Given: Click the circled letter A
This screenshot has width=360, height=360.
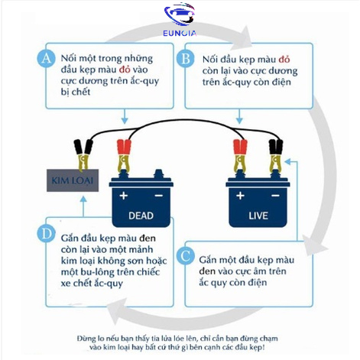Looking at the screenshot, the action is pyautogui.click(x=46, y=58).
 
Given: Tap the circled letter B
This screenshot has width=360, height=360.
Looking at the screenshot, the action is pyautogui.click(x=186, y=59).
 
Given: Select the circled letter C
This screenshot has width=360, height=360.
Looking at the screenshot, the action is pyautogui.click(x=186, y=255).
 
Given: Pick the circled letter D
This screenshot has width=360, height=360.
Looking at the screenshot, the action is pyautogui.click(x=46, y=233).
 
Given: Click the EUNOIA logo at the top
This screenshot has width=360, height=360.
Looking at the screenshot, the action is pyautogui.click(x=180, y=20).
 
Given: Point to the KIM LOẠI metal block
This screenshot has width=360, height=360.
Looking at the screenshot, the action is pyautogui.click(x=73, y=180).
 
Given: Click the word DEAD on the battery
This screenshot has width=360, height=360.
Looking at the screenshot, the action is pyautogui.click(x=141, y=216).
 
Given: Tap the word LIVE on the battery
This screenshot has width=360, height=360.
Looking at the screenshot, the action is pyautogui.click(x=258, y=216).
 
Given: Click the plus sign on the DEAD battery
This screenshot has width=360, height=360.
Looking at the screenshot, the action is pyautogui.click(x=124, y=196).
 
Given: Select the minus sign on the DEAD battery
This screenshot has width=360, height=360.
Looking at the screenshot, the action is pyautogui.click(x=159, y=196).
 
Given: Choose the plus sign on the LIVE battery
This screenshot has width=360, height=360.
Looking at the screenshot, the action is pyautogui.click(x=240, y=196).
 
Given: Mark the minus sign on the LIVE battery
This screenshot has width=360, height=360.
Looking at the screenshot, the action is pyautogui.click(x=275, y=196).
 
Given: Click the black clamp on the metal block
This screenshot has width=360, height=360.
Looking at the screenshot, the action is pyautogui.click(x=83, y=154).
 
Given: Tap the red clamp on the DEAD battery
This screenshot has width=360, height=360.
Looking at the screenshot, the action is pyautogui.click(x=124, y=155).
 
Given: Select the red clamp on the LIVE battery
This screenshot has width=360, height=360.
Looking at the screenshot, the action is pyautogui.click(x=240, y=155).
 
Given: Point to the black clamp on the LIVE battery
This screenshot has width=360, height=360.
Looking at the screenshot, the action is pyautogui.click(x=276, y=155).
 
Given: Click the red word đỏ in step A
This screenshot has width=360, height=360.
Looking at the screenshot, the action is pyautogui.click(x=125, y=70).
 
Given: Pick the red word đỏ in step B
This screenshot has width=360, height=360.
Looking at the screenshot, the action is pyautogui.click(x=284, y=60).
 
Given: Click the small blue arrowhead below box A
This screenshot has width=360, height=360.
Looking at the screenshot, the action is pyautogui.click(x=125, y=121).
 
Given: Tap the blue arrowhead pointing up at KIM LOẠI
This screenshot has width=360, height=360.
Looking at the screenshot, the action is pyautogui.click(x=83, y=199).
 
